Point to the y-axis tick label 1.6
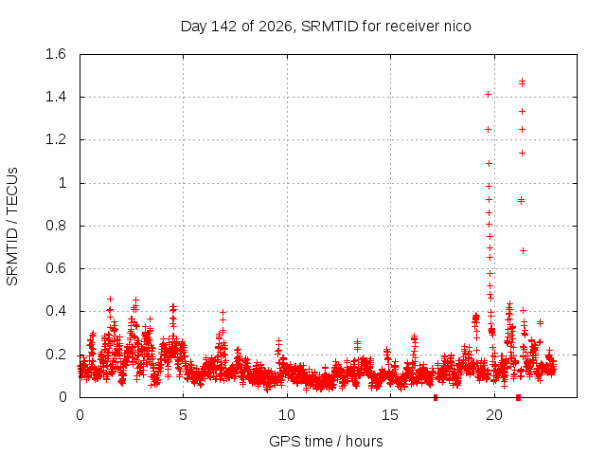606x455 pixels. [56, 54]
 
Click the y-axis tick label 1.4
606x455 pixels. [56, 97]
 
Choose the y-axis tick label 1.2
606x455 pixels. [56, 139]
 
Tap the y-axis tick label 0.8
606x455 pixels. [56, 226]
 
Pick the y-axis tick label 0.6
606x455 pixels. [56, 268]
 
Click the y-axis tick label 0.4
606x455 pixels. [56, 311]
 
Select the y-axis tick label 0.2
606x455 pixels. [56, 355]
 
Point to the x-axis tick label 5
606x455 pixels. [183, 415]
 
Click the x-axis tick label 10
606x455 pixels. [287, 415]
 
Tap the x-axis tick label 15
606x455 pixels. [390, 415]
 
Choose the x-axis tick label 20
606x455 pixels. [494, 415]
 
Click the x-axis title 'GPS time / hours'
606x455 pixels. [326, 441]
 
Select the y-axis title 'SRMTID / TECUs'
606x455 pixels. [12, 227]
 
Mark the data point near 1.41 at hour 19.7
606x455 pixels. [489, 95]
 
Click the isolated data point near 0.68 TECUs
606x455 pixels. [523, 250]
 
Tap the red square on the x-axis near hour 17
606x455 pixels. [436, 397]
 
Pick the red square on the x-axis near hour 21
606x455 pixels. [518, 397]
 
